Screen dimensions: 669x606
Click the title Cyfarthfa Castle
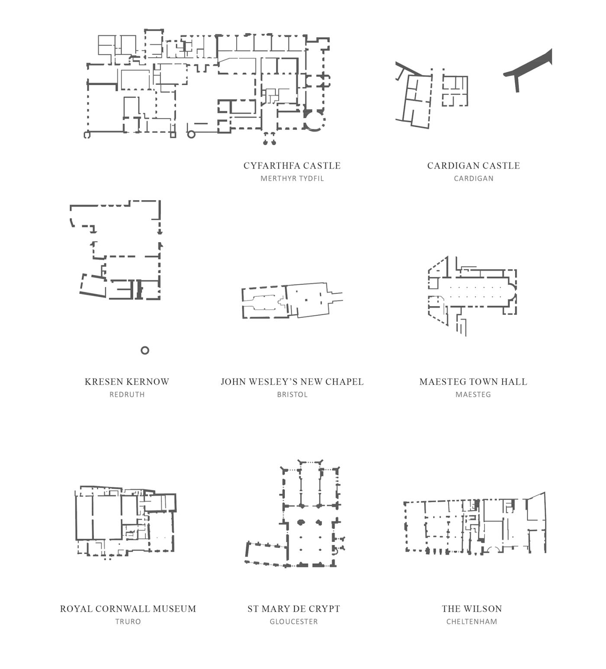click(292, 166)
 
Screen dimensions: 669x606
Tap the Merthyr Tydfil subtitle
click(292, 178)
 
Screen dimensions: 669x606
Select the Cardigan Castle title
click(473, 166)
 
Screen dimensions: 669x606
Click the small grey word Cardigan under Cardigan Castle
click(473, 178)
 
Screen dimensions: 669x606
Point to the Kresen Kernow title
click(127, 382)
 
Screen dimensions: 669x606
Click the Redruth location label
click(127, 394)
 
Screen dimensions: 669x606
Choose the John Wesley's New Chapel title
click(292, 382)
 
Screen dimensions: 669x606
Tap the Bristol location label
click(292, 394)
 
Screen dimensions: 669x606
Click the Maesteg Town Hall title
click(473, 382)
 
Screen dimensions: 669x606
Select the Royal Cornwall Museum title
click(128, 609)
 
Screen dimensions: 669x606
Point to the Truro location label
click(128, 621)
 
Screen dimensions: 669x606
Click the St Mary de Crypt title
click(293, 609)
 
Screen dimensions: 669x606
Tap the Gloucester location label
click(293, 621)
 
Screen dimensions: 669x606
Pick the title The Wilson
click(471, 609)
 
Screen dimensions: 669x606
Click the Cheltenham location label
click(471, 621)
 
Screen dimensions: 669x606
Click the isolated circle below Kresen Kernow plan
click(145, 350)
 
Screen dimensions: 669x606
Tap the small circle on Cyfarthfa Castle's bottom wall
click(191, 134)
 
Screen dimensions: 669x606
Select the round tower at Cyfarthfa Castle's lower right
click(315, 122)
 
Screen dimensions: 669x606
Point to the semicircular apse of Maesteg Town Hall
click(512, 291)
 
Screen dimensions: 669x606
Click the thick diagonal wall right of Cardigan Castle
click(530, 65)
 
